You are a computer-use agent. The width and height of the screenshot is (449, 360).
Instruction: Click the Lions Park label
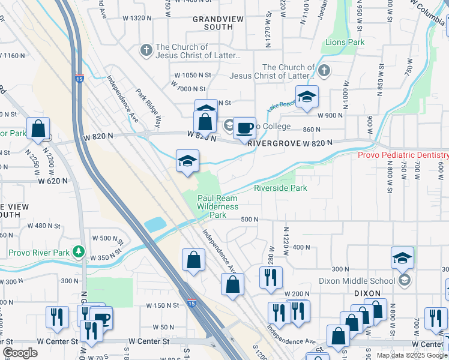click(x=345, y=43)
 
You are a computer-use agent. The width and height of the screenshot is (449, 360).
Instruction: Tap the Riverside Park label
click(x=280, y=188)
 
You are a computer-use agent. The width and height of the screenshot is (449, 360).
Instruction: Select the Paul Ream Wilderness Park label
click(x=217, y=206)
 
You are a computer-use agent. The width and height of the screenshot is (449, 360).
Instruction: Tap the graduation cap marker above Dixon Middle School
click(x=402, y=258)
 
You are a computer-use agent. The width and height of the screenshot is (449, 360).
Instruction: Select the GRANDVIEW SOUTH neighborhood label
click(x=218, y=23)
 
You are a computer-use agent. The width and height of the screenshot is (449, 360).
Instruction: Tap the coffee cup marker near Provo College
click(x=244, y=128)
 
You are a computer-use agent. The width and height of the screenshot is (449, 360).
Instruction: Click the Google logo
click(x=20, y=353)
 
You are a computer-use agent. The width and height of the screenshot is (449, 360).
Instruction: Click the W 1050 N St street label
click(x=193, y=75)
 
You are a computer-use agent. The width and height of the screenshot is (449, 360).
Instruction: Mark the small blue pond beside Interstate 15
click(x=155, y=225)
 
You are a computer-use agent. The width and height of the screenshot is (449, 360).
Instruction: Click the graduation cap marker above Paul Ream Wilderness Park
click(x=188, y=161)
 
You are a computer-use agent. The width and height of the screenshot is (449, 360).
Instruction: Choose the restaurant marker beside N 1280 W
click(x=270, y=277)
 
